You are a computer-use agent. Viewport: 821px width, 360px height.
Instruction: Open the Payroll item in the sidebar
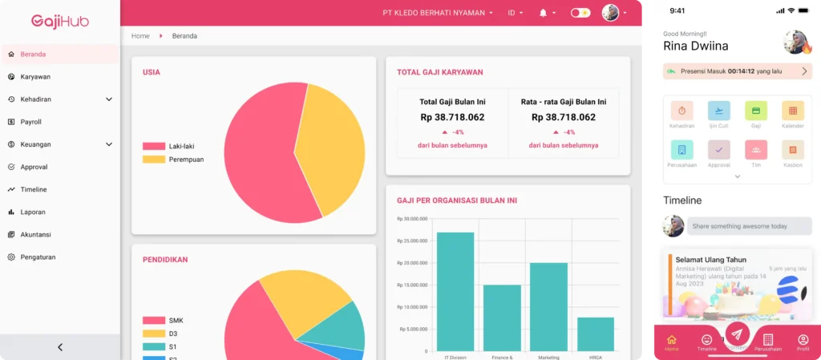pos(30,122)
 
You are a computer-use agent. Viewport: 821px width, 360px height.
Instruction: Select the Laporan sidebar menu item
pos(32,212)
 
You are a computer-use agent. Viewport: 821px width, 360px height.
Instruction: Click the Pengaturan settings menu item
pos(37,257)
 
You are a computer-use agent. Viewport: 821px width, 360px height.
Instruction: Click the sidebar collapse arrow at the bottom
pos(60,347)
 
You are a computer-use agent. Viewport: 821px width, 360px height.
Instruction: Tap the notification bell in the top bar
pos(544,13)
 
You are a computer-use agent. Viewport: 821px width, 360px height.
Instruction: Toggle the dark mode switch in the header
pos(580,13)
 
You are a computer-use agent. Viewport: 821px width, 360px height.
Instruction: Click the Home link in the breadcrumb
pos(140,36)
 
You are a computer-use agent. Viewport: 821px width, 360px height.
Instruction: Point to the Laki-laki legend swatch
pos(154,147)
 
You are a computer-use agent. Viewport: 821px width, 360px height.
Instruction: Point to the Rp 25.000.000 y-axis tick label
pos(412,241)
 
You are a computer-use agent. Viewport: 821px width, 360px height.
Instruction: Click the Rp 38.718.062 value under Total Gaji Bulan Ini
pos(452,117)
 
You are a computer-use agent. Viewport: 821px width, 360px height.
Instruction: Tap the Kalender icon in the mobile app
pos(792,111)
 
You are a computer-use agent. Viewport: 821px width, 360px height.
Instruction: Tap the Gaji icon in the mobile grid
pos(755,111)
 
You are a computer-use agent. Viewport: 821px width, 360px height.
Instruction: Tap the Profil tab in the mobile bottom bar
pos(803,342)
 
